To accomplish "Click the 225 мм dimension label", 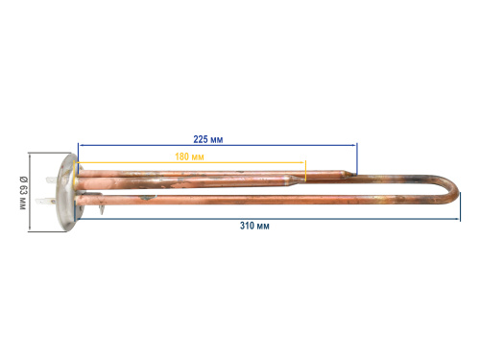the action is [x=208, y=139].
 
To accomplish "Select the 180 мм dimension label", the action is [x=189, y=156].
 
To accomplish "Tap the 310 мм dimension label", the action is [x=254, y=226].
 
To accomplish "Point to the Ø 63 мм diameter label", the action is [x=23, y=193].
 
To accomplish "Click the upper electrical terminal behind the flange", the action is [x=52, y=180].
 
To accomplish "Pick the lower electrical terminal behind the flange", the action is [x=46, y=202].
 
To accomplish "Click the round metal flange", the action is [x=67, y=192].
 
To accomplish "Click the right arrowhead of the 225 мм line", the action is [x=354, y=145].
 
